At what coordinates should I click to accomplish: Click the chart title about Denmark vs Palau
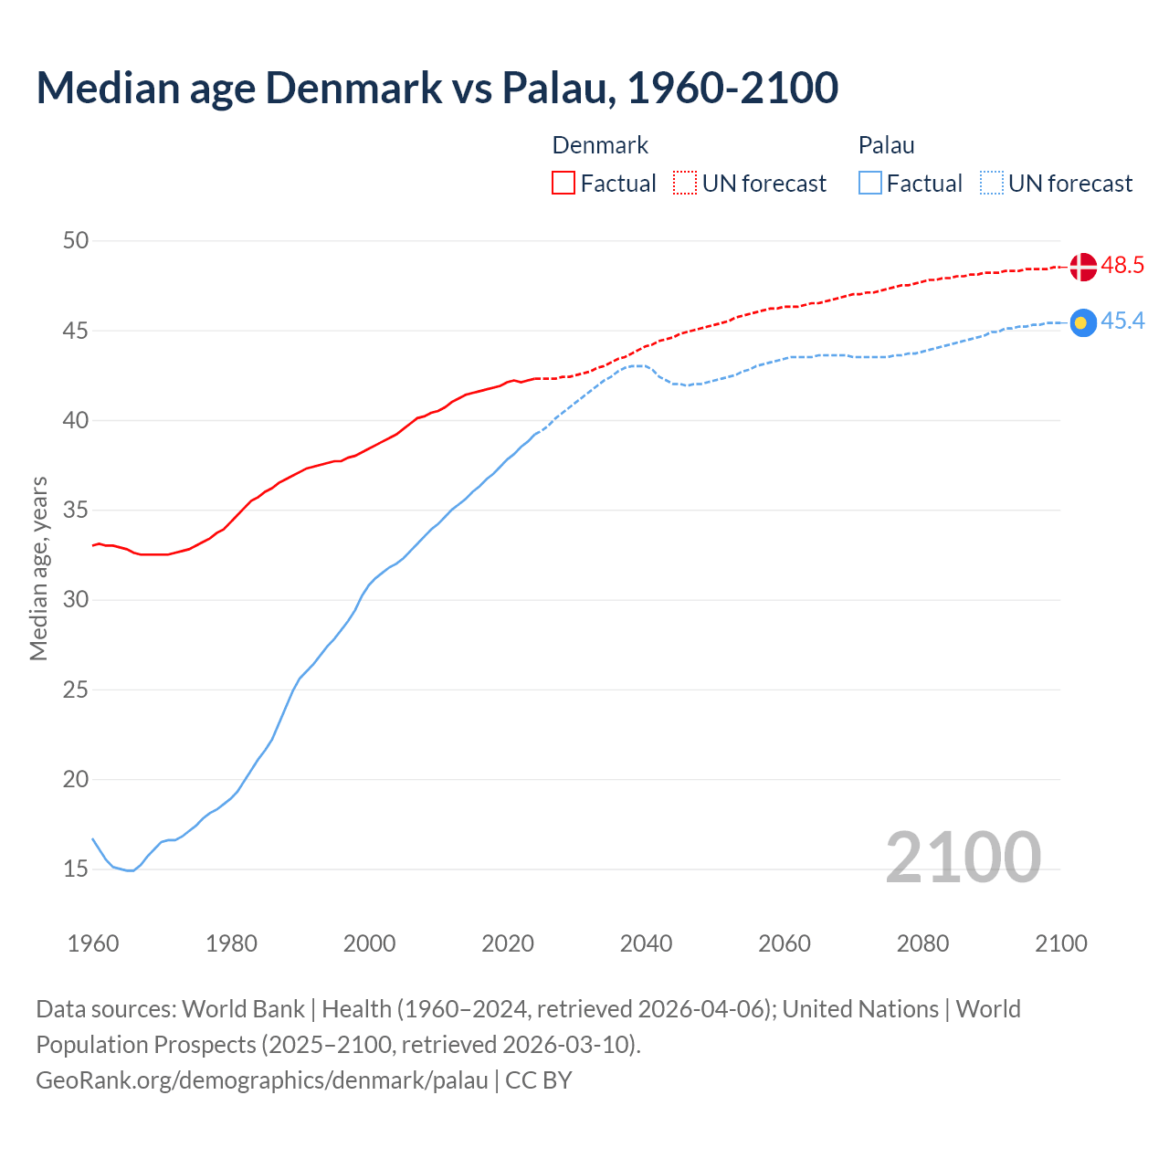pyautogui.click(x=437, y=88)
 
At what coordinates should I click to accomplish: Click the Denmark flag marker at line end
pyautogui.click(x=1082, y=267)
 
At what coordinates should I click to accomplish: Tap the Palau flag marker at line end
pyautogui.click(x=1082, y=322)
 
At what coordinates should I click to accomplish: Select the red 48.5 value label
pyautogui.click(x=1122, y=266)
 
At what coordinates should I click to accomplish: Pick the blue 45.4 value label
pyautogui.click(x=1122, y=321)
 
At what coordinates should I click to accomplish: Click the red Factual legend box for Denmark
pyautogui.click(x=563, y=184)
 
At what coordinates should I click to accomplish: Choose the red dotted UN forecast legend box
pyautogui.click(x=685, y=184)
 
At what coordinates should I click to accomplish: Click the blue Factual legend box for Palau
pyautogui.click(x=870, y=184)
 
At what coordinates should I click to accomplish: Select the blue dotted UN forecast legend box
pyautogui.click(x=992, y=184)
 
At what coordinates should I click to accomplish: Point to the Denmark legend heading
pyautogui.click(x=600, y=145)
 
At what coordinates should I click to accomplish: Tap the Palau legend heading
pyautogui.click(x=886, y=145)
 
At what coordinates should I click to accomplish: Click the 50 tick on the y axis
pyautogui.click(x=76, y=241)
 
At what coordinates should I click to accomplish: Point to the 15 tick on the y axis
pyautogui.click(x=76, y=869)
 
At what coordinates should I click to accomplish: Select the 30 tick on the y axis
pyautogui.click(x=76, y=600)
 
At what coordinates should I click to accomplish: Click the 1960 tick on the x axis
pyautogui.click(x=93, y=943)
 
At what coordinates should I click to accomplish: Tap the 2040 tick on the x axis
pyautogui.click(x=646, y=943)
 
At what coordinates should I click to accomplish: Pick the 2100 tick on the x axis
pyautogui.click(x=1060, y=943)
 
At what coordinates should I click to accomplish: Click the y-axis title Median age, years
pyautogui.click(x=38, y=568)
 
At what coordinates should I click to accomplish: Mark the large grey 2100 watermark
pyautogui.click(x=963, y=857)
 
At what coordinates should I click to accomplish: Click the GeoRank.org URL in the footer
pyautogui.click(x=262, y=1080)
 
